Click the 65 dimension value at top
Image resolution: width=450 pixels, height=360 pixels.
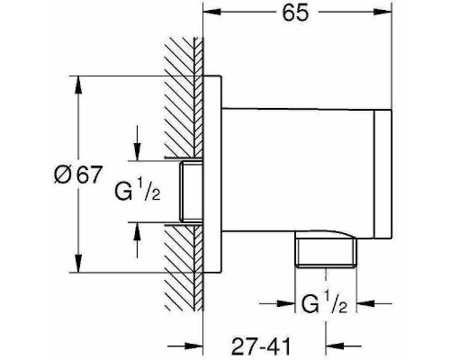point(295,13)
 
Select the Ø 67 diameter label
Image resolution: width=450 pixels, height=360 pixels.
point(78,175)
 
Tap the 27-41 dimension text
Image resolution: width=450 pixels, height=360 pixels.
point(261,346)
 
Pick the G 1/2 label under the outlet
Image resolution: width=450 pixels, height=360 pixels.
point(324,304)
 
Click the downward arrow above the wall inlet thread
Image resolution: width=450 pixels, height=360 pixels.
point(137,143)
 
